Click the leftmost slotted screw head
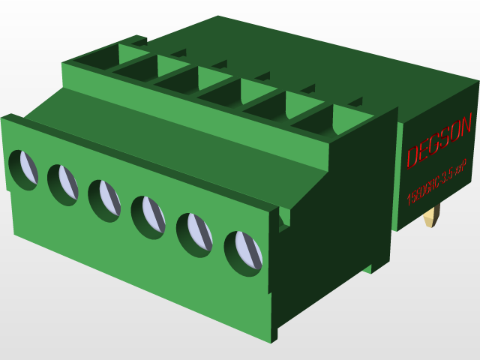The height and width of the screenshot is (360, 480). pyautogui.click(x=24, y=169)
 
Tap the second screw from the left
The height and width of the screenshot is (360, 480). pyautogui.click(x=64, y=183)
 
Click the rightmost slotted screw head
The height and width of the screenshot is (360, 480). pyautogui.click(x=244, y=250)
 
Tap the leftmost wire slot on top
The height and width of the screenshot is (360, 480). pyautogui.click(x=97, y=58)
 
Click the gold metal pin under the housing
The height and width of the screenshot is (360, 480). pyautogui.click(x=431, y=218)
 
